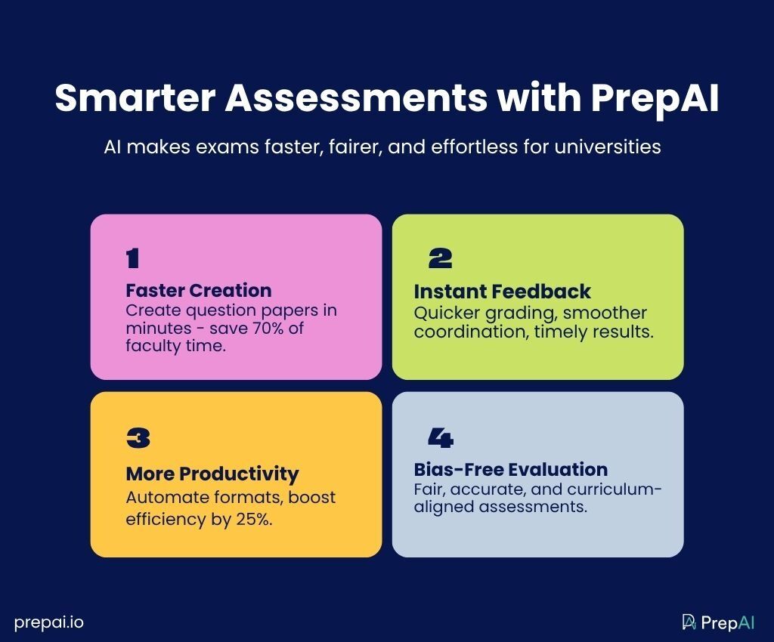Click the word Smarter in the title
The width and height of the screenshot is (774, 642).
135,97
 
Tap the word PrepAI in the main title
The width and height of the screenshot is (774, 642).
655,97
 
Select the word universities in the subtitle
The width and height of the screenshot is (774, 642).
608,147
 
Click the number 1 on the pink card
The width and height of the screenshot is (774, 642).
132,258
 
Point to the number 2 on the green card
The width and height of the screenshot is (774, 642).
441,258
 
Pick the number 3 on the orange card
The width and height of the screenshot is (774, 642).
138,438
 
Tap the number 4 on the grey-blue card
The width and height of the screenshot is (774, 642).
441,438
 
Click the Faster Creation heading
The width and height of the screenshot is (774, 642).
199,291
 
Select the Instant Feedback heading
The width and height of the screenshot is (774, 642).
502,292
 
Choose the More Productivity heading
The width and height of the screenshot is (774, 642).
212,474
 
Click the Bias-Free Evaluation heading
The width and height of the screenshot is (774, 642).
511,470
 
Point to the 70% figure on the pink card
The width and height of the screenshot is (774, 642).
268,329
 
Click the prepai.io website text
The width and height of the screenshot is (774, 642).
49,623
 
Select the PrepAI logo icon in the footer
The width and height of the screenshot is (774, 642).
689,622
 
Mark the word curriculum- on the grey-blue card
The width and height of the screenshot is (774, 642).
614,489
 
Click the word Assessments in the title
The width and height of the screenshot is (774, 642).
357,97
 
